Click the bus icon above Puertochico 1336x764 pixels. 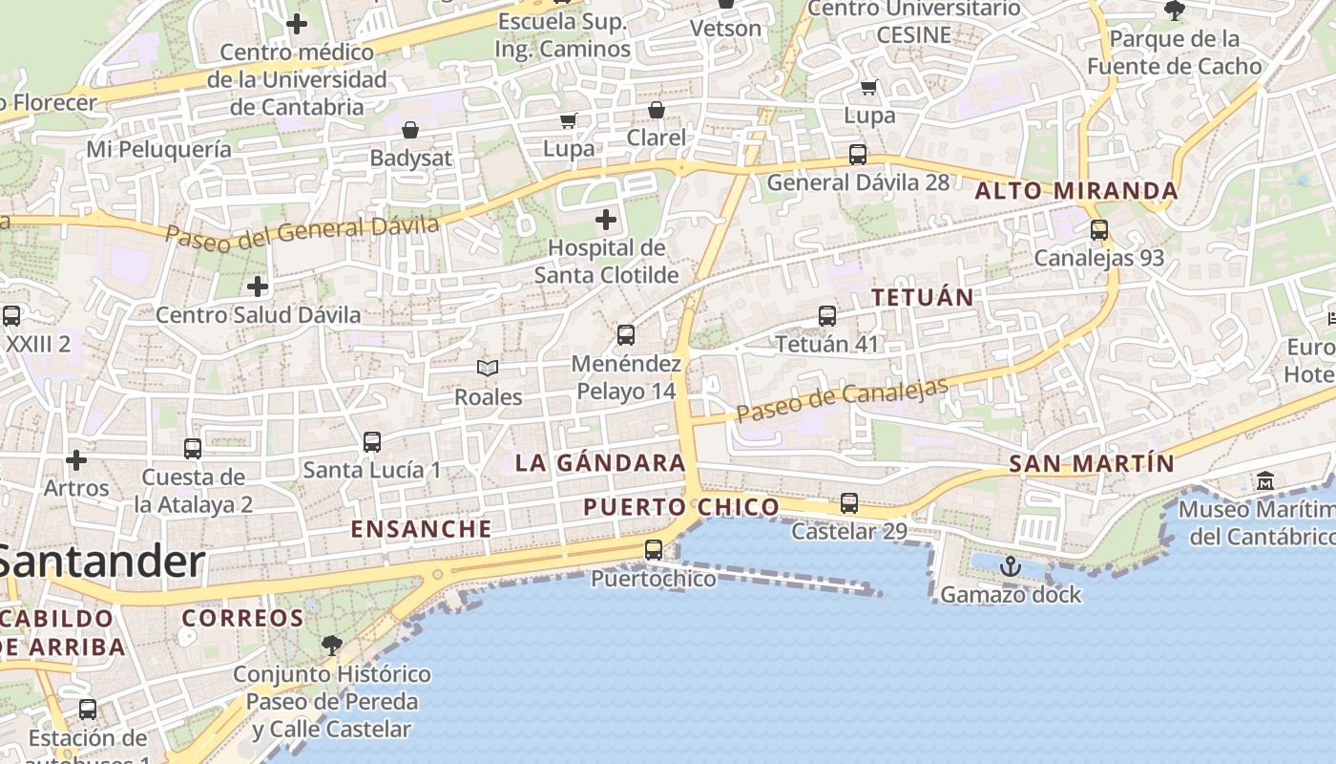click(654, 550)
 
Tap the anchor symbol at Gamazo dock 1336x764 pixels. click(1010, 567)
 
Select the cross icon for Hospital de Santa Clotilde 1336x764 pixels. click(606, 221)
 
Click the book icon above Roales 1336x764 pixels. click(488, 368)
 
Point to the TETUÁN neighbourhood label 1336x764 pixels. click(923, 297)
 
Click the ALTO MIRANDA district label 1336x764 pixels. click(1076, 191)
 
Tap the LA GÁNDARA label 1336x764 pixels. click(600, 463)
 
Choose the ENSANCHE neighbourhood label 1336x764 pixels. click(421, 528)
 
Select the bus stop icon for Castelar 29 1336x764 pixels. click(849, 503)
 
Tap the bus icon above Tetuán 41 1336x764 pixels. click(827, 316)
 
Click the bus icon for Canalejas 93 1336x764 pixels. click(1099, 230)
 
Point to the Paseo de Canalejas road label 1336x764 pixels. click(843, 400)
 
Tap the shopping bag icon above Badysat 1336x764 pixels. click(410, 130)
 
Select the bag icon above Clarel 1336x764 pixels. click(656, 110)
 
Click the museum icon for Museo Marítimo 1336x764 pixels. click(1266, 480)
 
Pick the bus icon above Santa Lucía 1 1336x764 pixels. click(372, 442)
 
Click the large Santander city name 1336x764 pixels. click(103, 562)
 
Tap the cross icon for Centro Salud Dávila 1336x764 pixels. click(258, 286)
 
